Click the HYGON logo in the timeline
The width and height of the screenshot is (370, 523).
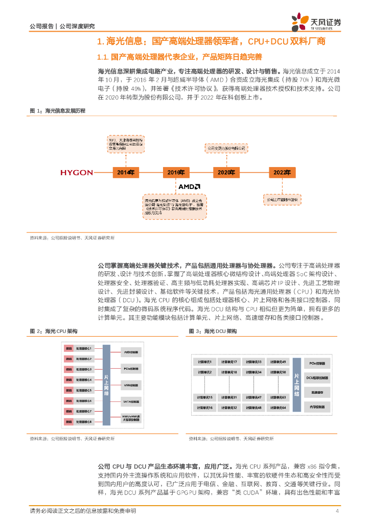pos(77,173)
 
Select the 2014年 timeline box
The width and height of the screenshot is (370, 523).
pos(125,173)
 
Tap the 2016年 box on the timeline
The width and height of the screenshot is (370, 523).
pos(175,173)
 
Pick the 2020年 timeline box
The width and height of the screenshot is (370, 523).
pos(226,173)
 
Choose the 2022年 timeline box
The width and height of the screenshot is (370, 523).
pos(283,173)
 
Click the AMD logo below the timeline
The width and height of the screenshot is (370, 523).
pos(189,187)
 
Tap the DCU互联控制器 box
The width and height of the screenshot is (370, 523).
pos(318,377)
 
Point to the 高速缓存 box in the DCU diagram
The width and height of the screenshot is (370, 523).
pos(318,392)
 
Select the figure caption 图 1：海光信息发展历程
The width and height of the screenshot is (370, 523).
pos(58,110)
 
